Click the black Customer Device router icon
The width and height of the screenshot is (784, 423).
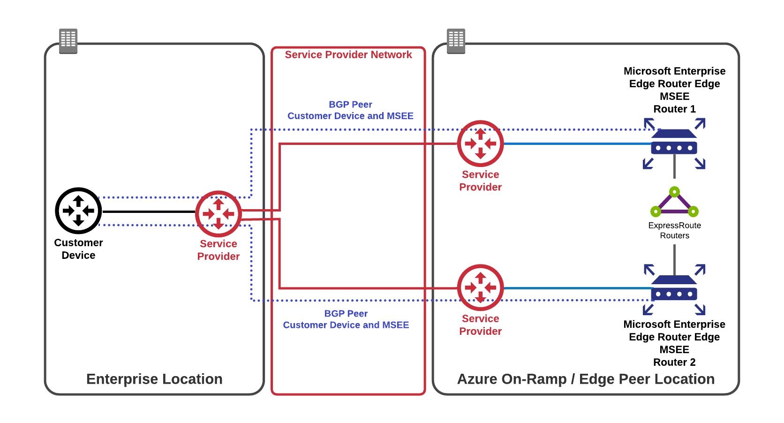click(x=78, y=211)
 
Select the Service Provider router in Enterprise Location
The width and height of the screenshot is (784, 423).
click(x=218, y=214)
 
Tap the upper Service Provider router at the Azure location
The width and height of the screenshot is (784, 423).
click(x=480, y=144)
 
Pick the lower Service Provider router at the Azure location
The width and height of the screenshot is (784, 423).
click(x=480, y=287)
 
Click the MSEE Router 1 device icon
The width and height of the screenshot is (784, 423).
click(x=674, y=144)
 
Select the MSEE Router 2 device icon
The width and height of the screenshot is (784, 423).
click(x=674, y=289)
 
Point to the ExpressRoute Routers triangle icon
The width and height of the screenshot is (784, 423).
click(x=674, y=202)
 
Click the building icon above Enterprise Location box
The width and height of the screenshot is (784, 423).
click(x=68, y=41)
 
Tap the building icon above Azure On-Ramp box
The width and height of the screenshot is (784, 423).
click(x=456, y=41)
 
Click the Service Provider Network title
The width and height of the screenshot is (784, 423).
click(x=348, y=55)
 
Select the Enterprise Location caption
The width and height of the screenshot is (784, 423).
click(x=154, y=379)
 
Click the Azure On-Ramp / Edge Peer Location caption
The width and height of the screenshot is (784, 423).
click(x=586, y=379)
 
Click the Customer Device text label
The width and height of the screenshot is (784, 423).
click(x=78, y=249)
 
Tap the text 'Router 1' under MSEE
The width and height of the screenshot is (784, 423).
click(x=674, y=109)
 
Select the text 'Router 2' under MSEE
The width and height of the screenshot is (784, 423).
click(x=674, y=363)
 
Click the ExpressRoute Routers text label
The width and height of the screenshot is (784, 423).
click(x=674, y=230)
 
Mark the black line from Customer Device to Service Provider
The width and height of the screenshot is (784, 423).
click(x=148, y=212)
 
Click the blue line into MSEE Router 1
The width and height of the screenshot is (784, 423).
click(x=577, y=144)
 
